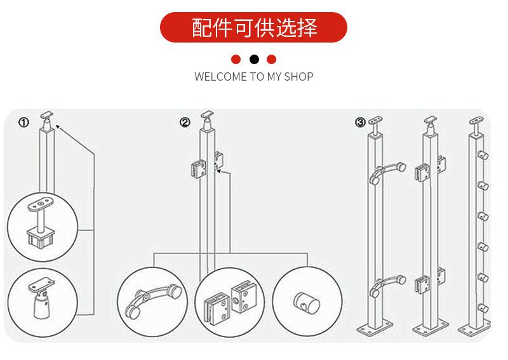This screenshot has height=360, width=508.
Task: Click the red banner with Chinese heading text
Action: coord(253,27)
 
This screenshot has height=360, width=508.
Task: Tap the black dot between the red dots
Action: coord(255,60)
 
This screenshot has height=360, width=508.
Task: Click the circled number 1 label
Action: coord(23,123)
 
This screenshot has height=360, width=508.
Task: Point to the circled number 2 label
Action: coord(185,123)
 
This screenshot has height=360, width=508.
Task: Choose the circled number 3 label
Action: coord(360,123)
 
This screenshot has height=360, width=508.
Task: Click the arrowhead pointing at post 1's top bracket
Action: coord(58,127)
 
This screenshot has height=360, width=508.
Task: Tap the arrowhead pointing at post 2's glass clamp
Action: coord(219,171)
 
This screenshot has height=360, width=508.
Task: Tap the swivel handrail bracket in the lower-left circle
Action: coord(41,298)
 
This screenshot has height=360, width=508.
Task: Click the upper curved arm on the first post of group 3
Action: coord(387,173)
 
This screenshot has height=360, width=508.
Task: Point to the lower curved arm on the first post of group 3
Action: coord(387,285)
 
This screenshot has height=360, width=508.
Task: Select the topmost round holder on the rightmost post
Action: coord(483,156)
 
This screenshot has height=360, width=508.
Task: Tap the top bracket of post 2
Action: coord(208,120)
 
